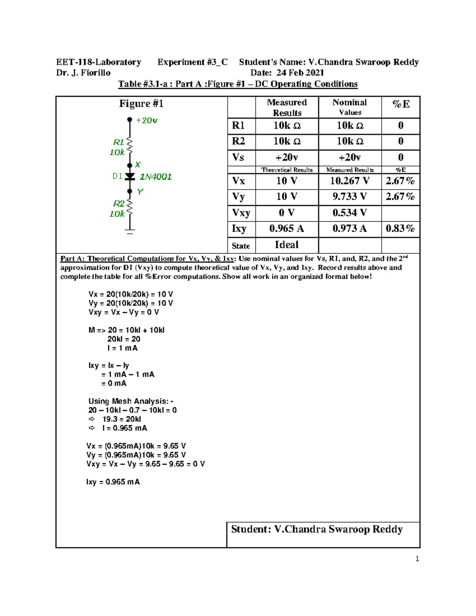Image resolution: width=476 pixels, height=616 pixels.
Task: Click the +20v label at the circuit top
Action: tap(146, 121)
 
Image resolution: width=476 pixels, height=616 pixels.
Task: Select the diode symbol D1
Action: tap(130, 177)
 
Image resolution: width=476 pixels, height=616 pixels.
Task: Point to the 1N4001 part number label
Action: tap(155, 177)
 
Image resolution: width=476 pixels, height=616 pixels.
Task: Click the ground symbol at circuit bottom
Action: tap(130, 231)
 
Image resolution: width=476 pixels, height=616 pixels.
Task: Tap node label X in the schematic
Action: tap(138, 165)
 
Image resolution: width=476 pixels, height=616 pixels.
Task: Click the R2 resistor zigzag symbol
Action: tap(130, 208)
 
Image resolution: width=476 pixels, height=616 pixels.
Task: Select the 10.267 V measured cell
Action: tap(349, 181)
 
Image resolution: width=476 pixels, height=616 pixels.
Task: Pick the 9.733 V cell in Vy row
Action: tap(349, 197)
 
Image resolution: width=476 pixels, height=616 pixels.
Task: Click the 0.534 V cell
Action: tap(349, 213)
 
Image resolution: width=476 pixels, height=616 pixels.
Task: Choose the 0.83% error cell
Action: tap(400, 229)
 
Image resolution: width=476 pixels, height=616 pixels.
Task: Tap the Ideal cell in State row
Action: tap(287, 245)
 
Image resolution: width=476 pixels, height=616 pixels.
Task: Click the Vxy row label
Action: tap(241, 213)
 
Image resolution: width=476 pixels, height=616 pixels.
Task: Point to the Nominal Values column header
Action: tap(349, 107)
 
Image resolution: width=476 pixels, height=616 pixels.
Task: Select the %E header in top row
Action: tap(401, 104)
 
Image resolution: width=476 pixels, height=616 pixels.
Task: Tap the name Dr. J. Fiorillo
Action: tap(83, 73)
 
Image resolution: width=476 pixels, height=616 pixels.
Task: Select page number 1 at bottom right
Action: tap(417, 559)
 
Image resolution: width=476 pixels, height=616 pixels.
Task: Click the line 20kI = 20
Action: tap(124, 339)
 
